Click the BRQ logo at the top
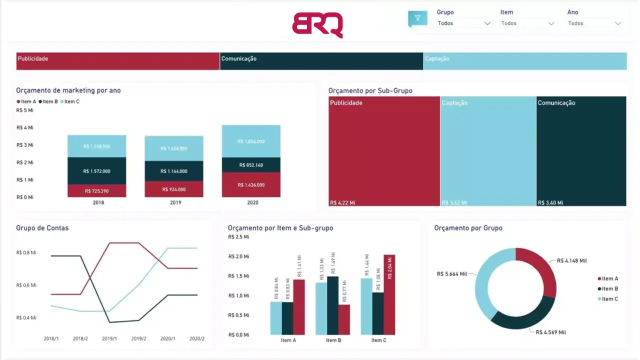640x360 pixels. point(317,24)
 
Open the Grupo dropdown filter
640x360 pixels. point(463,23)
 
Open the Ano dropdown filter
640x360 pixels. point(594,23)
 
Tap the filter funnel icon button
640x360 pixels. point(417,18)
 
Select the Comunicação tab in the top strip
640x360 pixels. point(321,61)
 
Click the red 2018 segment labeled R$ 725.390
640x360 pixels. point(97,191)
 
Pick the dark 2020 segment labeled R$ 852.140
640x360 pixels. point(251,165)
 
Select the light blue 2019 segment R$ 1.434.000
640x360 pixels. point(174,148)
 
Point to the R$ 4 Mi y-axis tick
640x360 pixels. point(24,127)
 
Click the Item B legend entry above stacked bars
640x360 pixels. point(49,101)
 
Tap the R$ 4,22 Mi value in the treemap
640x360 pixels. point(342,202)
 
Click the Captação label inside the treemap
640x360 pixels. point(454,103)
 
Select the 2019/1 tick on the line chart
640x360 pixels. point(109,338)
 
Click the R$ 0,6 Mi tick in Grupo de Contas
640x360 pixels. point(26,285)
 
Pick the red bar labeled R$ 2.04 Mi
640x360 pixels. point(389,294)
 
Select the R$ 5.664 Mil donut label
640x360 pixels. point(451,273)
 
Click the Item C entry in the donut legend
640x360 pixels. point(609,299)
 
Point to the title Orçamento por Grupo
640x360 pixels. point(468,228)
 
